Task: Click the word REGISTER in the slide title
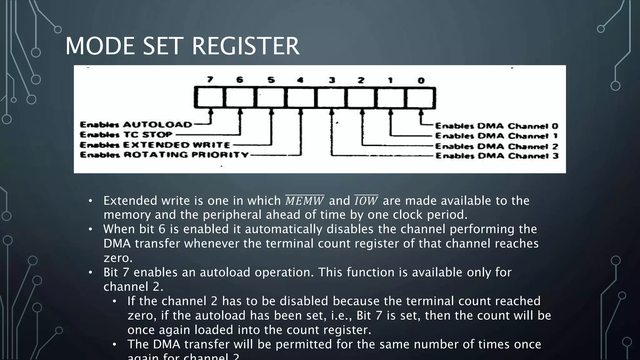tap(245, 46)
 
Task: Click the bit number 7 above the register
tap(210, 80)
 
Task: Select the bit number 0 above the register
tap(421, 81)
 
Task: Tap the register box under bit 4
tap(301, 98)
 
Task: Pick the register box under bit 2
tap(361, 98)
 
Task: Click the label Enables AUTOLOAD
tap(136, 125)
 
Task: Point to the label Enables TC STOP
tap(126, 135)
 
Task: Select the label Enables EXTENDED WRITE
tap(155, 145)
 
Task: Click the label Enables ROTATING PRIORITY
tap(164, 155)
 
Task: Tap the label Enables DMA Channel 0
tap(497, 126)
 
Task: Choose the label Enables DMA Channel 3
tap(497, 156)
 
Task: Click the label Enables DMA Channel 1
tap(497, 136)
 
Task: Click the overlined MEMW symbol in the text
tap(305, 201)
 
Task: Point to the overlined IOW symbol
tap(366, 201)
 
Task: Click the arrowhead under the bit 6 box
tap(240, 111)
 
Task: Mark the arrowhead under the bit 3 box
tap(332, 111)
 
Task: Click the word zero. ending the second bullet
tap(118, 258)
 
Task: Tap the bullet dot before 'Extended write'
tap(90, 201)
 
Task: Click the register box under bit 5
tap(271, 98)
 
